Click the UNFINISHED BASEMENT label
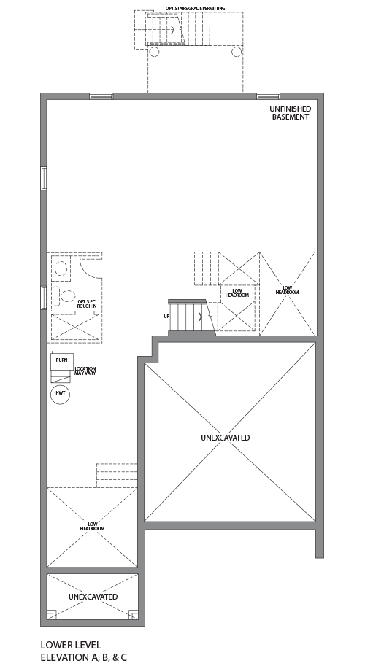291,112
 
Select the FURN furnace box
61,360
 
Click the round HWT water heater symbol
60,394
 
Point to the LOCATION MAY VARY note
85,372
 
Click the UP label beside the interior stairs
166,316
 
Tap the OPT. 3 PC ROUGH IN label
88,303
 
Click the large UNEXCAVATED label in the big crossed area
225,438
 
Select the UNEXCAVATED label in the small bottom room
93,597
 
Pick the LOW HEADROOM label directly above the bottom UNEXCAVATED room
93,526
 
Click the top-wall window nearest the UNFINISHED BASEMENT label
268,96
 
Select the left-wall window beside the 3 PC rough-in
44,298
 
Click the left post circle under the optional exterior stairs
154,51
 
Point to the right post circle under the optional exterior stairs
237,51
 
